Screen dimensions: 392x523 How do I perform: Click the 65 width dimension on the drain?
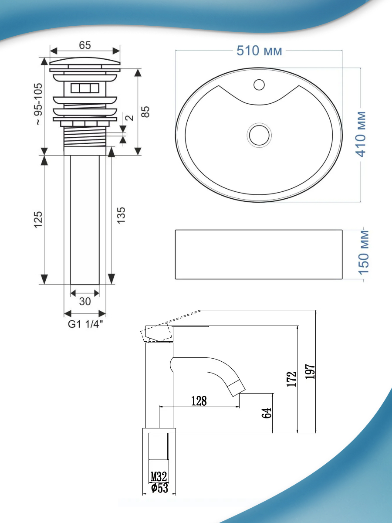pyautogui.click(x=85, y=45)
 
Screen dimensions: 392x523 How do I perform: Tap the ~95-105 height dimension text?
pyautogui.click(x=38, y=104)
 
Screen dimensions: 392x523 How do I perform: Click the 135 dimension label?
pyautogui.click(x=121, y=215)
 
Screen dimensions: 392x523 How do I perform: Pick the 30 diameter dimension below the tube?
pyautogui.click(x=85, y=302)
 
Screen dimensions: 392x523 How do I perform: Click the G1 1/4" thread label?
pyautogui.click(x=85, y=324)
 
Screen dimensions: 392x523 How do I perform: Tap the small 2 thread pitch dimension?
pyautogui.click(x=130, y=118)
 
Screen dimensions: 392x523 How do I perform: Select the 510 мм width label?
pyautogui.click(x=259, y=51)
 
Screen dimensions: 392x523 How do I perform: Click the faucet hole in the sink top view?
pyautogui.click(x=259, y=85)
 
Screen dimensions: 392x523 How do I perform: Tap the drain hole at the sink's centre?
pyautogui.click(x=259, y=135)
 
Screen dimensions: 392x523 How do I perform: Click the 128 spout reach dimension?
pyautogui.click(x=199, y=401)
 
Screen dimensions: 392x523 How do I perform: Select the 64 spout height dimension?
pyautogui.click(x=266, y=413)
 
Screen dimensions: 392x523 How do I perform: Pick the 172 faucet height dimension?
pyautogui.click(x=292, y=379)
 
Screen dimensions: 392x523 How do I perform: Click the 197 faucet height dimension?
pyautogui.click(x=310, y=371)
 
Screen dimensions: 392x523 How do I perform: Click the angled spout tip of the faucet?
pyautogui.click(x=237, y=389)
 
